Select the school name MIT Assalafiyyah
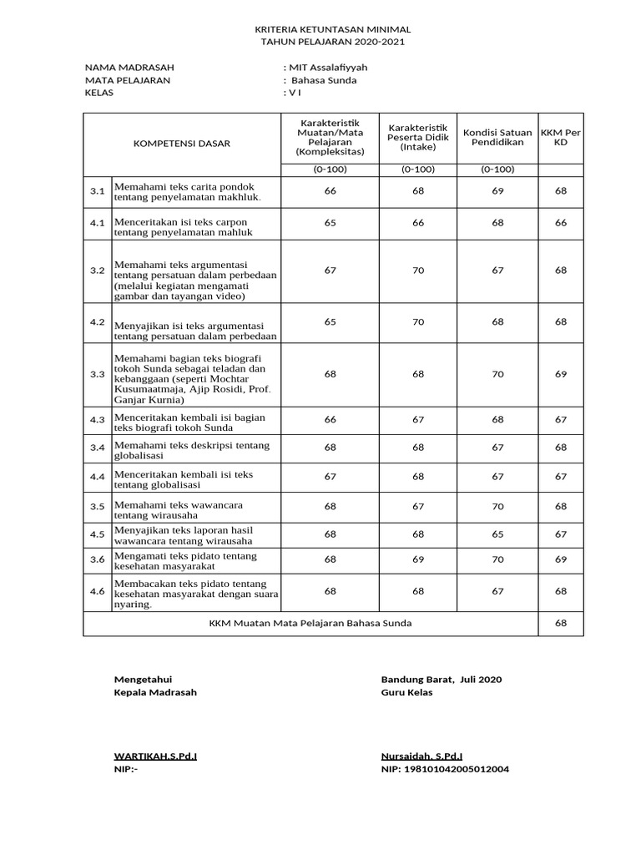click(x=328, y=68)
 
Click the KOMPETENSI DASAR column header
click(x=181, y=144)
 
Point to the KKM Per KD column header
click(x=560, y=138)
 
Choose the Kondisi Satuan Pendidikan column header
click(x=497, y=138)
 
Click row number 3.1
click(x=98, y=191)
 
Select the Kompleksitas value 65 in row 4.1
click(x=330, y=223)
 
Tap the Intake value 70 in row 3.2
click(x=418, y=270)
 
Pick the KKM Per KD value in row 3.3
click(x=560, y=374)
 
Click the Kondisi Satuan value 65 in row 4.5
click(x=497, y=534)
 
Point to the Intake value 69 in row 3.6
click(x=418, y=559)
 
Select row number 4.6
click(x=98, y=591)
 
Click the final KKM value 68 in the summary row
click(x=560, y=623)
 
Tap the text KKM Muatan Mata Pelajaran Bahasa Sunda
click(x=310, y=623)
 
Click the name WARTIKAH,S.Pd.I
click(x=156, y=756)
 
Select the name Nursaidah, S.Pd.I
click(x=421, y=756)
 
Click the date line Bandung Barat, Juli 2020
click(x=442, y=680)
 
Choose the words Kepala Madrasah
click(x=156, y=692)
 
